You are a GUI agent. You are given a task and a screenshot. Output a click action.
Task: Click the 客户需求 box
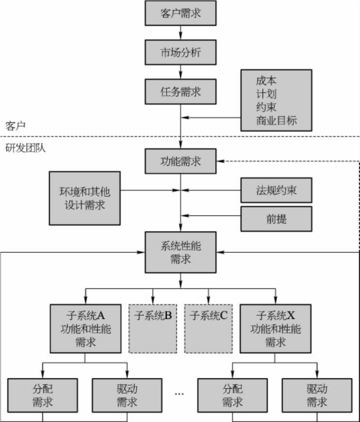[181, 13]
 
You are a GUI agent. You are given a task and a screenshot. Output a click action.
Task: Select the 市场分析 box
[181, 52]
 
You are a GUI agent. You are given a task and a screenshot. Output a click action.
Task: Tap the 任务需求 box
[181, 91]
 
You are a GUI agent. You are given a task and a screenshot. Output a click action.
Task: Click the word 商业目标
[276, 121]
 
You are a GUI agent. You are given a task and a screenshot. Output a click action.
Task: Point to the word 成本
[266, 81]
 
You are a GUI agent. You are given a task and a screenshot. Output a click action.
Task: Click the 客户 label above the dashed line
[15, 126]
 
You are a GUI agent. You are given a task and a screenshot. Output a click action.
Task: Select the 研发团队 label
[25, 148]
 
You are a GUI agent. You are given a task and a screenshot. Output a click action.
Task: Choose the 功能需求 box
[181, 161]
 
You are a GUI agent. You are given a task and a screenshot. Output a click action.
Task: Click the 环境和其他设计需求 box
[85, 198]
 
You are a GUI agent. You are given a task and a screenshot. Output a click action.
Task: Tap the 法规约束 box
[276, 191]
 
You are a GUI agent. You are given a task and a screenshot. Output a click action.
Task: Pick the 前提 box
[276, 219]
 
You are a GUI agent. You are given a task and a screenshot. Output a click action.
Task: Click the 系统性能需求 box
[181, 252]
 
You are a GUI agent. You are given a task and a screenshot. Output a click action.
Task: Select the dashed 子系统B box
[153, 329]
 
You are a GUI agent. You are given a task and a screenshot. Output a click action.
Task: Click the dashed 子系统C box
[208, 329]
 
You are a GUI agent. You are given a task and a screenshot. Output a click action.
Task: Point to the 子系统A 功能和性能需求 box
[85, 329]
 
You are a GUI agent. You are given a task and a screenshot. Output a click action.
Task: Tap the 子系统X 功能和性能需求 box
[275, 329]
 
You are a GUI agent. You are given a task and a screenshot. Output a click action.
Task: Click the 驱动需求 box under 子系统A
[127, 395]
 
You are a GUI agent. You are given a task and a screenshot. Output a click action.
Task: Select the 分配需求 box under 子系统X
[232, 395]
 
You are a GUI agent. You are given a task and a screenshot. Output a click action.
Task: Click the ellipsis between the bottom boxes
[179, 394]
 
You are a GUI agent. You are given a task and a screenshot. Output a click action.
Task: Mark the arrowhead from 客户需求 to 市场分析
[181, 37]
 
